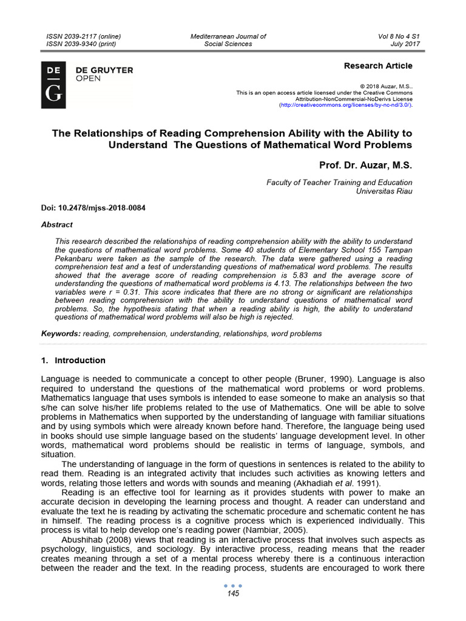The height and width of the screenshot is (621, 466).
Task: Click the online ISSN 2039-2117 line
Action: [x=84, y=36]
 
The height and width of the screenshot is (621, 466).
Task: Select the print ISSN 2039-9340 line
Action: [x=81, y=44]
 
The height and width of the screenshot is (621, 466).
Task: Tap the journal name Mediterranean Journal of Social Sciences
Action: [x=228, y=40]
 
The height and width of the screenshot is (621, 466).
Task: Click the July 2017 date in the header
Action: [x=405, y=44]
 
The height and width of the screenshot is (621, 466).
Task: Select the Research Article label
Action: [x=378, y=65]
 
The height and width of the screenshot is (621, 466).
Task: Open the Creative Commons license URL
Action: [x=345, y=105]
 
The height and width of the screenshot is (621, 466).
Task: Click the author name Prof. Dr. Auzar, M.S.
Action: [x=366, y=164]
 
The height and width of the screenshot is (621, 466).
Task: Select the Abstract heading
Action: [x=56, y=224]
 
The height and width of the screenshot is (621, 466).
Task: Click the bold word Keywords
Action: [x=60, y=334]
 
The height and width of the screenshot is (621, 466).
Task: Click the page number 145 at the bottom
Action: [x=233, y=594]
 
